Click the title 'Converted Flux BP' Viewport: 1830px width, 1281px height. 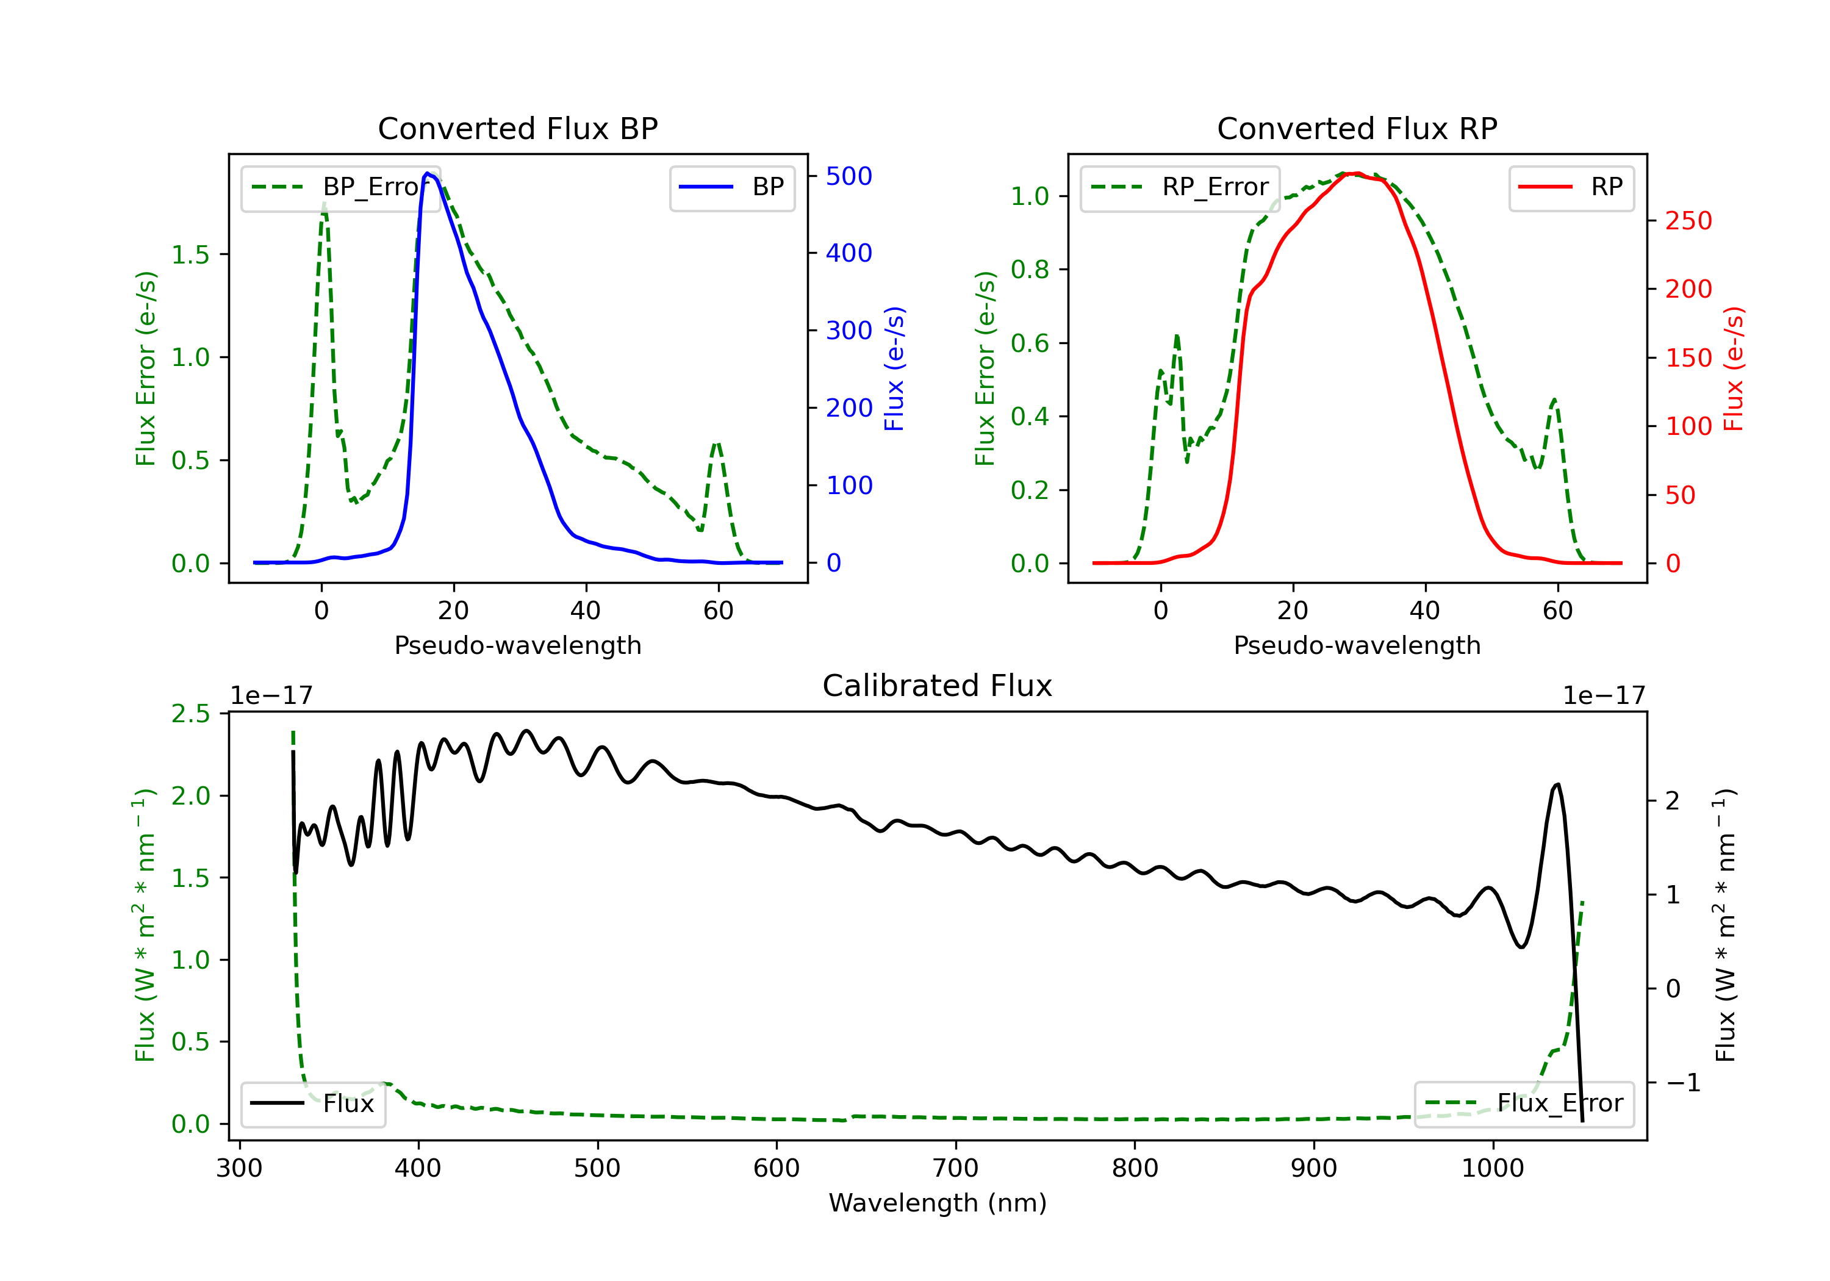point(517,128)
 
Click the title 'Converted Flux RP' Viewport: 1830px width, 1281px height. point(1357,128)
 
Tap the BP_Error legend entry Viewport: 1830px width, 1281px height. point(340,187)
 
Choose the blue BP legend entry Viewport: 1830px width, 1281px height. point(731,187)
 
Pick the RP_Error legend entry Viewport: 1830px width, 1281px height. point(1180,187)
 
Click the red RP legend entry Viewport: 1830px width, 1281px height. point(1571,187)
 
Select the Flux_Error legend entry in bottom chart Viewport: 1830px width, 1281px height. point(1524,1103)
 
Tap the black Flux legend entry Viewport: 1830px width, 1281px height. point(312,1103)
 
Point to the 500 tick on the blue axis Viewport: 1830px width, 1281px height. point(849,176)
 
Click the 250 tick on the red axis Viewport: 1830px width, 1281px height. point(1688,221)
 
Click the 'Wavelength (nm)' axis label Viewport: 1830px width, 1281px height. point(938,1203)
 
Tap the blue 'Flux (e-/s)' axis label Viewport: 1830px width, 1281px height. point(894,368)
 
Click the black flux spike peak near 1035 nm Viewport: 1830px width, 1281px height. point(1557,784)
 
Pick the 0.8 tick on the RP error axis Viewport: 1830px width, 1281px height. point(1030,270)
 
